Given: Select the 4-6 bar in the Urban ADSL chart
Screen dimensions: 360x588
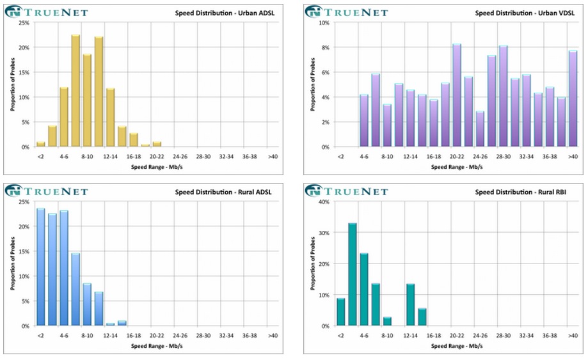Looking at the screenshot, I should (64, 117).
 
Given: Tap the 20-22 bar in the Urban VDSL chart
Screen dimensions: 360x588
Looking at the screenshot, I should (457, 95).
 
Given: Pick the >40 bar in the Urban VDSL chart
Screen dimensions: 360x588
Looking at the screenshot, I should (573, 99).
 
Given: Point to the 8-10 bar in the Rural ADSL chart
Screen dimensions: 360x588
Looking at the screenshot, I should (87, 304).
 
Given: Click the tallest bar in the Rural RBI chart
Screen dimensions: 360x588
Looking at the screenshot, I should (353, 274).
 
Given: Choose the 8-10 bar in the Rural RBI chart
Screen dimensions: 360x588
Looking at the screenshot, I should (387, 321).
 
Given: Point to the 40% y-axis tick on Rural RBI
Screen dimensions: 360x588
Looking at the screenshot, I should (324, 201).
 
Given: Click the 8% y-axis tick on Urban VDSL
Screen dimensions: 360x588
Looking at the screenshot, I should (325, 48).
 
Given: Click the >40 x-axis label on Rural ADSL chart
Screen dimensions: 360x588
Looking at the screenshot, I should (273, 335).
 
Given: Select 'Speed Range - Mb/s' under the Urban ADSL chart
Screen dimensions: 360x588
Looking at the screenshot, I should (156, 167).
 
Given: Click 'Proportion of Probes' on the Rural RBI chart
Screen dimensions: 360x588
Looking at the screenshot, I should (312, 264).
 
